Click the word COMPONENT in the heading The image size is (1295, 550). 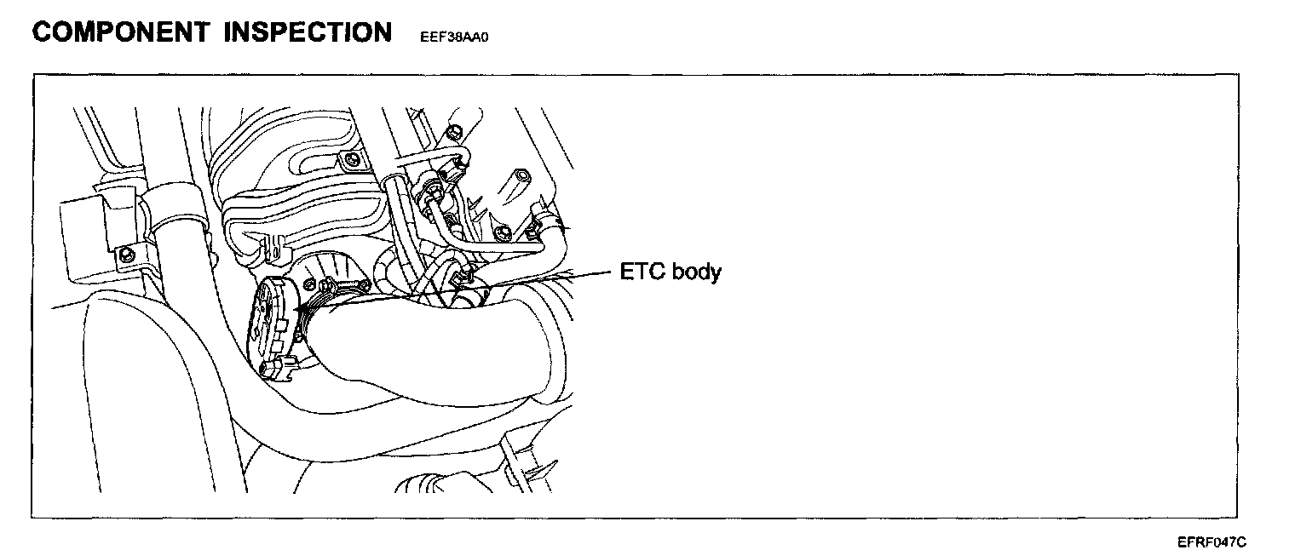coord(119,32)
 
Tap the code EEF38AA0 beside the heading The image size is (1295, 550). coord(457,38)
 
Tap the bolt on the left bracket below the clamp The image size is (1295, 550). coord(127,253)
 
